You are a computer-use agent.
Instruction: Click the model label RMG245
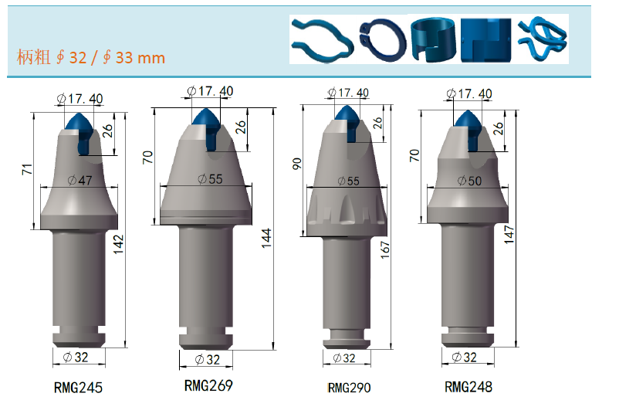[78, 388]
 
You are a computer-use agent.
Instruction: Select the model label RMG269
[208, 385]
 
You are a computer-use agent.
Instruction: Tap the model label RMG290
[349, 388]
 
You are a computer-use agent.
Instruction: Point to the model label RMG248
[468, 387]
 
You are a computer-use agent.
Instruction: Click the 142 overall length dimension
[118, 245]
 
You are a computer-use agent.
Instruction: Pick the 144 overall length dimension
[266, 238]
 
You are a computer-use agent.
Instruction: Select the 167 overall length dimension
[385, 250]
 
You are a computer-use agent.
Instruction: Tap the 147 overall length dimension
[509, 235]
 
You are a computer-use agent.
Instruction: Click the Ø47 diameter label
[79, 181]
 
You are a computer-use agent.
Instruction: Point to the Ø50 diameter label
[469, 181]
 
